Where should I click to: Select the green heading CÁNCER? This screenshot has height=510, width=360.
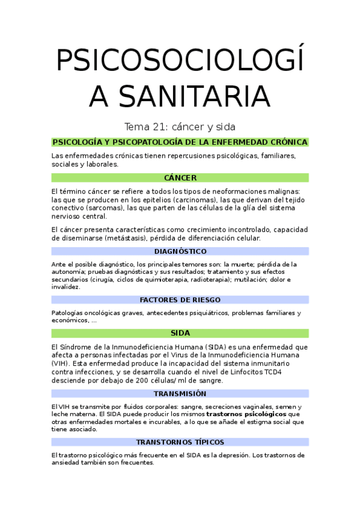coord(180,178)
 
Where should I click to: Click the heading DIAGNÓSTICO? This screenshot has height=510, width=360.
coord(180,251)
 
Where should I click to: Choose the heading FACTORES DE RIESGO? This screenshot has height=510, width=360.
coord(180,300)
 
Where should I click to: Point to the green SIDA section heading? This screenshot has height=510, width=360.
coord(180,333)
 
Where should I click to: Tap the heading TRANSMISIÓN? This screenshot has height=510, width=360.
coord(180,393)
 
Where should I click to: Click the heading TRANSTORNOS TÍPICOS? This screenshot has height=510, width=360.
coord(180,442)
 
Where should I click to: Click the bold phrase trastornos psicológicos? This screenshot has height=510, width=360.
coord(246,414)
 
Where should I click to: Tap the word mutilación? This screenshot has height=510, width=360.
coord(259,280)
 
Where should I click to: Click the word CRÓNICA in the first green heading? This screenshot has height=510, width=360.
coord(286,143)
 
